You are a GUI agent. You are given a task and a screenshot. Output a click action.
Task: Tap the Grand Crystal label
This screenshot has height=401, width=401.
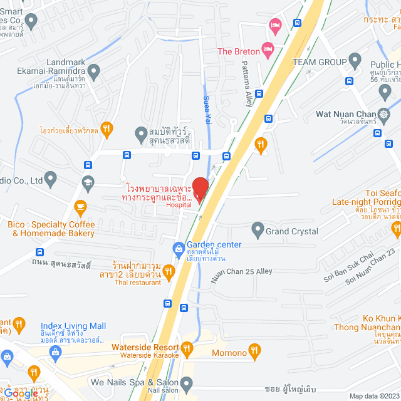coord(291,231)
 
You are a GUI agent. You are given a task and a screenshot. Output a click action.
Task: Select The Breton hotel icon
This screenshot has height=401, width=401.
coord(268,48)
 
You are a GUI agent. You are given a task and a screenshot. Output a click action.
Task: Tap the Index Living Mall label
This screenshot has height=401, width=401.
coord(73,326)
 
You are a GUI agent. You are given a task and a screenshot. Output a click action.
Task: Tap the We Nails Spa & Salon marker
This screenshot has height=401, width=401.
coord(187,382)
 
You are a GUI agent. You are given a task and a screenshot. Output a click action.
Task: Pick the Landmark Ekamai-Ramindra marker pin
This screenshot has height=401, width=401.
coord(95,72)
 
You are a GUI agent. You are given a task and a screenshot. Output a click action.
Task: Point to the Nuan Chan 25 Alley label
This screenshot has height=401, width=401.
coord(241,270)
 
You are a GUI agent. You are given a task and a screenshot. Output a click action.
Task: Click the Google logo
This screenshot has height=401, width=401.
coord(21,393)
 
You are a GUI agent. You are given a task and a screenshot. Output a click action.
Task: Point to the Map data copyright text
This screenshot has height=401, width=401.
coord(374,396)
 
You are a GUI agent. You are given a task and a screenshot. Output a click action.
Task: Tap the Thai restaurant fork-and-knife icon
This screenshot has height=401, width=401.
coord(168,271)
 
